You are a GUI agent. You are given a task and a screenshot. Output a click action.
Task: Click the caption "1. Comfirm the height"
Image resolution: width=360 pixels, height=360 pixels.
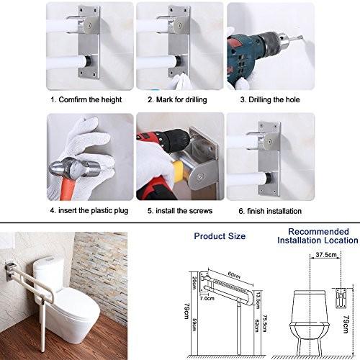[x=86, y=99]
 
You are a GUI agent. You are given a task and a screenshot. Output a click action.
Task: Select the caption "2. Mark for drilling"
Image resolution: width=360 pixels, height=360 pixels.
[x=177, y=99]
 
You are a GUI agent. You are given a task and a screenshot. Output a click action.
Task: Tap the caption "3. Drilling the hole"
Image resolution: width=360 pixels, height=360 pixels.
[x=270, y=99]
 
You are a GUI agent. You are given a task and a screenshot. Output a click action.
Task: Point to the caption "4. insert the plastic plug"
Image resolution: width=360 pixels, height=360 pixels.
[x=89, y=211]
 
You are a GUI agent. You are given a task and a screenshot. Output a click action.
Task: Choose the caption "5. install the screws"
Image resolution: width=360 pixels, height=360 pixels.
[x=180, y=211]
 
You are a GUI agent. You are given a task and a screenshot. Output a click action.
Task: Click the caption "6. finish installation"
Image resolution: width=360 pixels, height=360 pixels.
[x=270, y=211]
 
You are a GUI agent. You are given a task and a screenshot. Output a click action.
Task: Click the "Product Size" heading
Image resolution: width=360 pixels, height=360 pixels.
[x=220, y=236]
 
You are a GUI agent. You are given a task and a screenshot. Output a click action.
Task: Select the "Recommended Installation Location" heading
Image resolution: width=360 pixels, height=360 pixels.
[x=318, y=236]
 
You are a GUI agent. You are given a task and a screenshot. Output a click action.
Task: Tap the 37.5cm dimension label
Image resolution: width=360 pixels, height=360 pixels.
[x=326, y=254]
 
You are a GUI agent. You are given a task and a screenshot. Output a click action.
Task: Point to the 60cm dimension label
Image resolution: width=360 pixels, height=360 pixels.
[x=234, y=275]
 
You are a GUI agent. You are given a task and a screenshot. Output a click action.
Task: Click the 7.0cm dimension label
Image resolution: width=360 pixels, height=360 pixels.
[x=207, y=298]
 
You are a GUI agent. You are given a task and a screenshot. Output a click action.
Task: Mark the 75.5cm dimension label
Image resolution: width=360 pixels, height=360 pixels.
[x=265, y=324]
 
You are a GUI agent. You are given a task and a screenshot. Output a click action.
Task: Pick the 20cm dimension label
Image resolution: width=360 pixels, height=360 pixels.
[x=194, y=283]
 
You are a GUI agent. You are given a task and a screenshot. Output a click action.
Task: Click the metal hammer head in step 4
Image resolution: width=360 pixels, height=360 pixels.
[x=74, y=167]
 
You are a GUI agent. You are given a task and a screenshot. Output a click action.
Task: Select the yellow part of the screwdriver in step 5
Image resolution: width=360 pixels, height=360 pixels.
[x=179, y=171]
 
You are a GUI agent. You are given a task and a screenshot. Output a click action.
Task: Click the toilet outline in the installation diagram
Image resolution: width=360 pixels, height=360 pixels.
[x=310, y=325]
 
